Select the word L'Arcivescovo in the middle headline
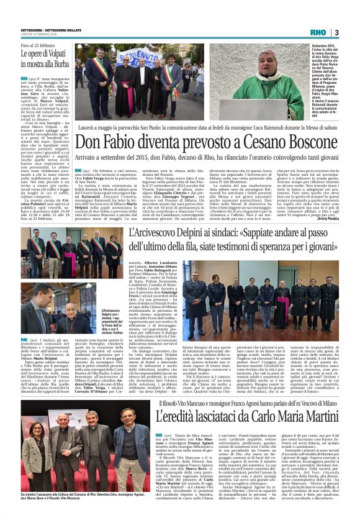tap(151, 234)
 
